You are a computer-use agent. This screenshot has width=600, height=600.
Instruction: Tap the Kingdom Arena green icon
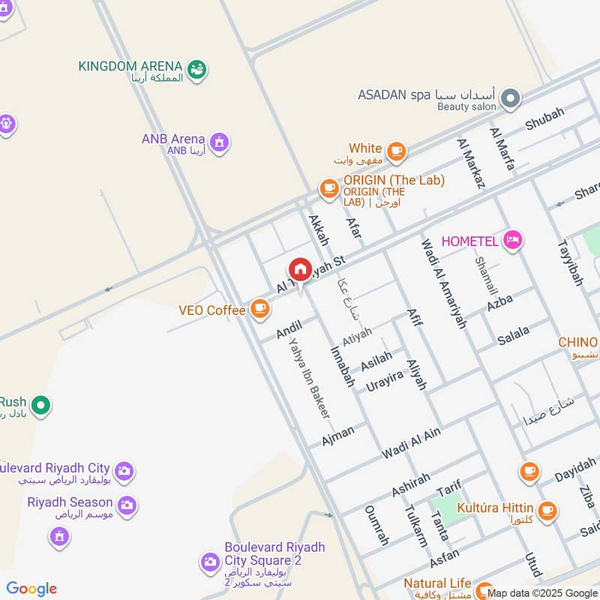pyautogui.click(x=198, y=70)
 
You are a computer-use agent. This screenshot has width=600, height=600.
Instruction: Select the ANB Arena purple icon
pyautogui.click(x=219, y=142)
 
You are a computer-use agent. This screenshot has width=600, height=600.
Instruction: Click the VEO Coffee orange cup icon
pyautogui.click(x=259, y=308)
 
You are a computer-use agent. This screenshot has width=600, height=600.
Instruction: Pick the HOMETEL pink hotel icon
pyautogui.click(x=513, y=240)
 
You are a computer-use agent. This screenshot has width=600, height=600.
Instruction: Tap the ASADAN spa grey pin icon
pyautogui.click(x=510, y=98)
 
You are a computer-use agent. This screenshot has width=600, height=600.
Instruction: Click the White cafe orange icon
pyautogui.click(x=396, y=151)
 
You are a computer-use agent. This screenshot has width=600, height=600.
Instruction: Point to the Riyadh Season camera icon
pyautogui.click(x=127, y=505)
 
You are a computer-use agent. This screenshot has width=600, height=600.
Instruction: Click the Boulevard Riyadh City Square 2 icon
pyautogui.click(x=210, y=561)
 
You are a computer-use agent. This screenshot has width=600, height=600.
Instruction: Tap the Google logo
pyautogui.click(x=31, y=589)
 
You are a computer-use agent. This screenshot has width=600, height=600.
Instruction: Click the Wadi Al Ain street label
pyautogui.click(x=411, y=442)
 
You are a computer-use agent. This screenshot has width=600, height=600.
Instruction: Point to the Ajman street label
pyautogui.click(x=337, y=436)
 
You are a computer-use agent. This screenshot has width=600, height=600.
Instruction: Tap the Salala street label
pyautogui.click(x=513, y=334)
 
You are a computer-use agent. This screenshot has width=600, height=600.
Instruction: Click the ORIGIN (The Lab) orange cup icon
pyautogui.click(x=328, y=189)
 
